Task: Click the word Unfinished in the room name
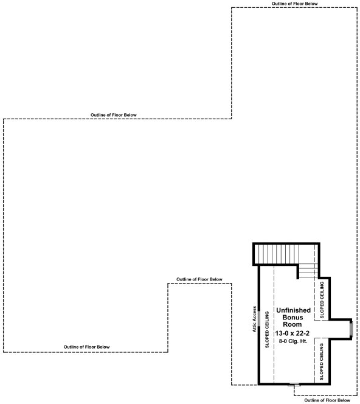pos(293,310)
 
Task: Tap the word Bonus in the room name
pos(293,318)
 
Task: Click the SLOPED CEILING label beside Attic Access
pos(267,331)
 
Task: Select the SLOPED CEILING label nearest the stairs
pos(322,299)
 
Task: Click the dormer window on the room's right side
pos(351,329)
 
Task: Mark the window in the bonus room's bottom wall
pos(294,385)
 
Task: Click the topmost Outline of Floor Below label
pos(294,4)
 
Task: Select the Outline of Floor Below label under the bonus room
pos(327,400)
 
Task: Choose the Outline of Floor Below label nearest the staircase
pos(199,279)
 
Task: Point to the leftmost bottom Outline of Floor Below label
pos(87,347)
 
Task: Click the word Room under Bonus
pos(293,326)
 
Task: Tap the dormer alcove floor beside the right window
pos(337,329)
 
